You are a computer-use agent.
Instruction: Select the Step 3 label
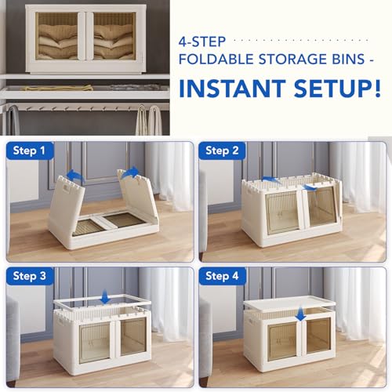pyautogui.click(x=30, y=277)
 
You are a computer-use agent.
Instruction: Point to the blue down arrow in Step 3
pyautogui.click(x=105, y=297)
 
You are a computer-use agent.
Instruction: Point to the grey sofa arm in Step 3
pyautogui.click(x=13, y=329)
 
